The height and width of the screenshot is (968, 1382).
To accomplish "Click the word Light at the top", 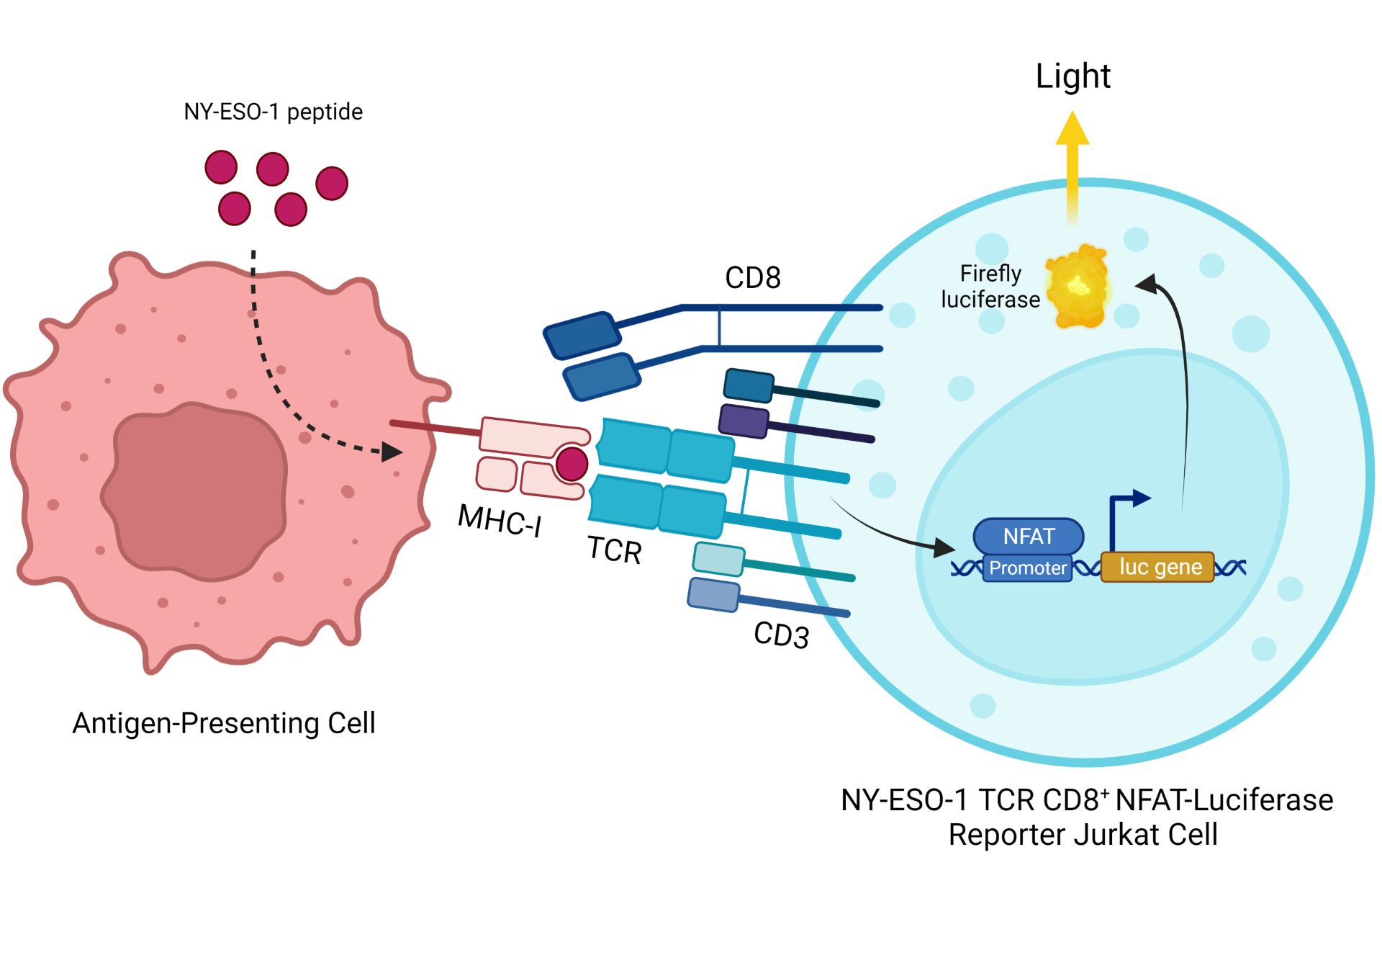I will point(1072,76).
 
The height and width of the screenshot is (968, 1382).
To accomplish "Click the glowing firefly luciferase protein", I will point(1078,287).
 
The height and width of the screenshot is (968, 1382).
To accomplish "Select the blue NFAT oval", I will point(1029,537).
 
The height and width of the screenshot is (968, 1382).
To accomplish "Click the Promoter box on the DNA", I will point(1027,568).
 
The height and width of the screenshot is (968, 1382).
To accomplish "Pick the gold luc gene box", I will point(1157,567).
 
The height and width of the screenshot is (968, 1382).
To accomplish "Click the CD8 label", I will point(753,278).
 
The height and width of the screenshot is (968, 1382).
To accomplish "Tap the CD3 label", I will point(782,635).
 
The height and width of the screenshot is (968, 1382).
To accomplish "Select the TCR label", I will point(614,550).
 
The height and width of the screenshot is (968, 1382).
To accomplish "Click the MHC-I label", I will point(500,520).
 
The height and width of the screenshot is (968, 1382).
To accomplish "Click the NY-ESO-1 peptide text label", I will point(273,112).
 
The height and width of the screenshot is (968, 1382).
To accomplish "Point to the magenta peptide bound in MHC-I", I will point(572,464).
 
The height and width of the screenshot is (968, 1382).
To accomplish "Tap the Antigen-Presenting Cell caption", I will point(224,723).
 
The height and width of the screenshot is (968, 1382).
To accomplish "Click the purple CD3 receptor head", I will point(744,421).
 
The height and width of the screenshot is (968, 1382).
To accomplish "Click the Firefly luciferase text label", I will point(990,287).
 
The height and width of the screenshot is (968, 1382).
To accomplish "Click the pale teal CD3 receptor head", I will point(718,559).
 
